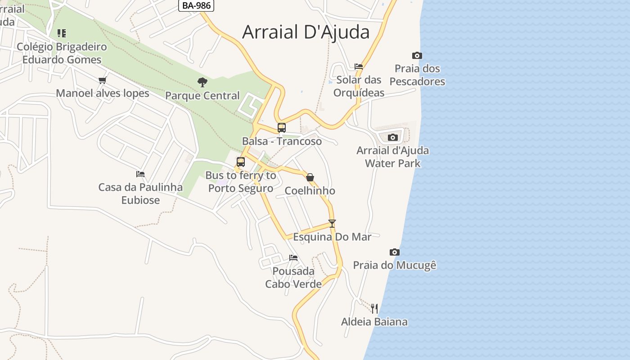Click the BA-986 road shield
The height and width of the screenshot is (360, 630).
[x=196, y=5]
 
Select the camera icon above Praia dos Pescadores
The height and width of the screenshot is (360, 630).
[x=417, y=56]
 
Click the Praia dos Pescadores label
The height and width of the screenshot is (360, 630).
[x=417, y=75]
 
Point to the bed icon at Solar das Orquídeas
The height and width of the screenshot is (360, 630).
[x=359, y=67]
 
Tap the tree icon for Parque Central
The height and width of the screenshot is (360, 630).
[x=202, y=82]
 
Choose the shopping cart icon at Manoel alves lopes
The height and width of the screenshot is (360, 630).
[x=103, y=81]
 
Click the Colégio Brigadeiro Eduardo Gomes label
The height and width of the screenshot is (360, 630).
[x=62, y=53]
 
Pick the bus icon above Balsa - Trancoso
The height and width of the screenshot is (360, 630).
[x=282, y=128]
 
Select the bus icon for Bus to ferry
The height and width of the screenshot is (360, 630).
[x=241, y=162]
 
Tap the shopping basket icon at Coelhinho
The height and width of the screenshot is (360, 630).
[x=310, y=177]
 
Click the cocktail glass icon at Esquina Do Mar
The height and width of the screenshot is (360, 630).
[x=332, y=224]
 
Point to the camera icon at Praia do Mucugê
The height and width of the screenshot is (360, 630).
[x=395, y=252]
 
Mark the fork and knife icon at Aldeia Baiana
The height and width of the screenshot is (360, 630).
[x=374, y=309]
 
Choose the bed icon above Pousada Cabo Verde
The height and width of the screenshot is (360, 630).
[x=293, y=258]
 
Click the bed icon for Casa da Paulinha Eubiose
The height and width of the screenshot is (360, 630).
[x=140, y=174]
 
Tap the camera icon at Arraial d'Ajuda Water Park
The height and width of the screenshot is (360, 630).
[x=393, y=137]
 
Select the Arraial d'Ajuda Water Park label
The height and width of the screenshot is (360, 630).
[x=393, y=157]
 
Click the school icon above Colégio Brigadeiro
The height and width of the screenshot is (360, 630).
[x=62, y=33]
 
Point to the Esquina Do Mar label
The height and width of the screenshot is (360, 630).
[x=332, y=237]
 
